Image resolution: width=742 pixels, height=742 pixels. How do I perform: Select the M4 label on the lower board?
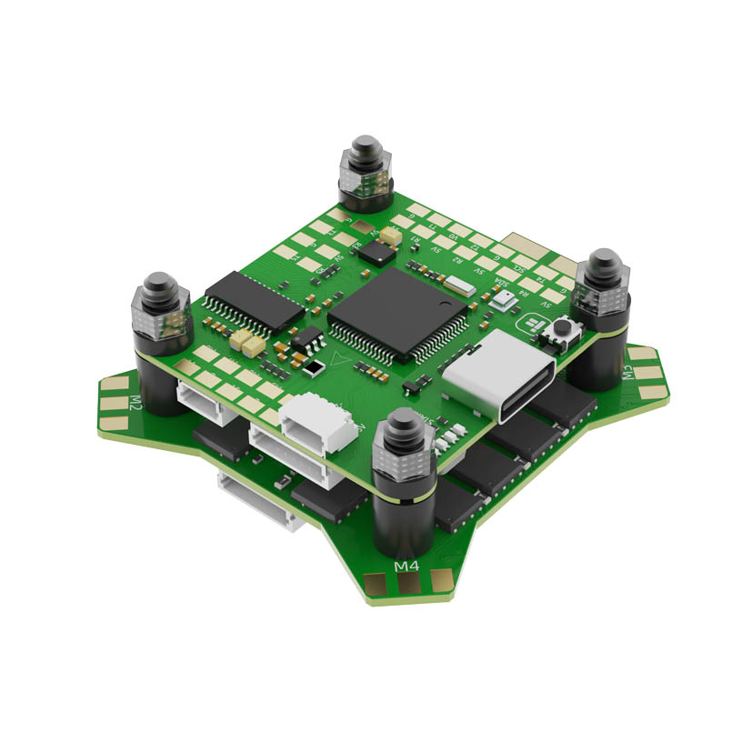tap(406, 567)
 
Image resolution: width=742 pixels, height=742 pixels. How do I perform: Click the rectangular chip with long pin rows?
tap(254, 301)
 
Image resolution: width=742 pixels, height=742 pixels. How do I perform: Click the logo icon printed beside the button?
tap(530, 326)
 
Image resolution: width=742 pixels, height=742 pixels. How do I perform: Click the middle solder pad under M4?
tap(407, 586)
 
